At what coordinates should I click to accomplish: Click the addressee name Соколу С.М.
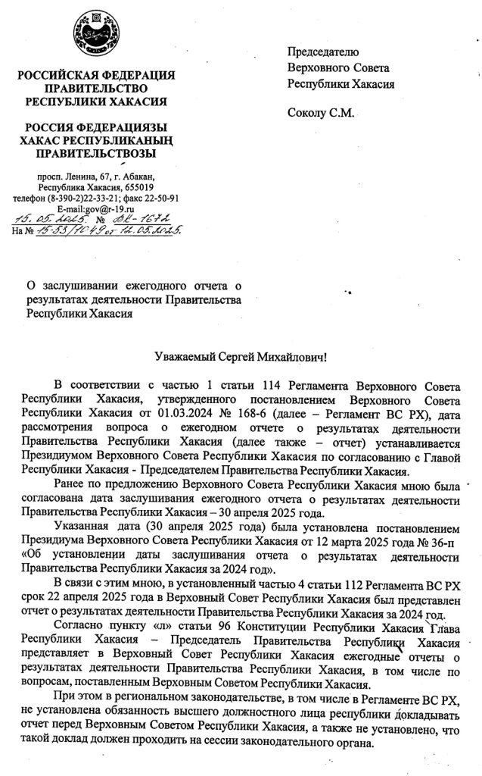tap(320, 114)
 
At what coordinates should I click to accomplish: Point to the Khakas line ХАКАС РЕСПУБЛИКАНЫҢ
tap(96, 140)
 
